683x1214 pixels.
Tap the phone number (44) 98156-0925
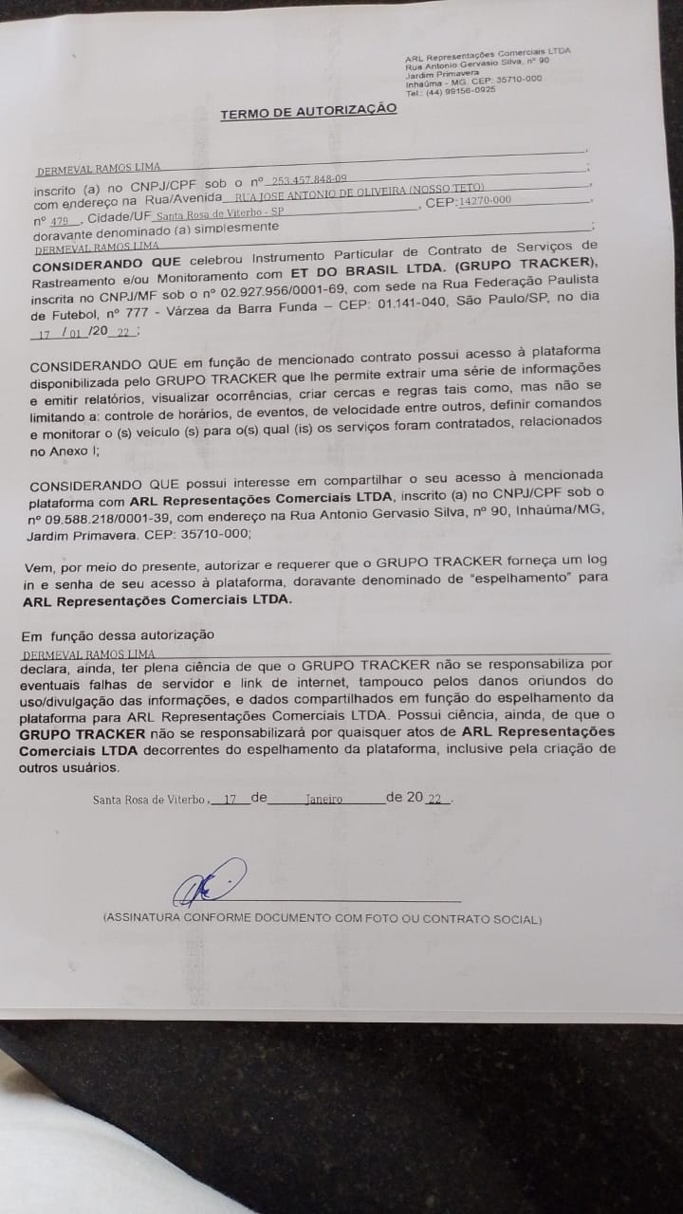coord(461,92)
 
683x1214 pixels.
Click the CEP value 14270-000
coord(485,200)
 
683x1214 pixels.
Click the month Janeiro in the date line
coord(323,799)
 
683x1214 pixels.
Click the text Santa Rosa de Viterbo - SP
coord(217,215)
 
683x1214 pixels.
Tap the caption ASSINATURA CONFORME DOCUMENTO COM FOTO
coord(323,919)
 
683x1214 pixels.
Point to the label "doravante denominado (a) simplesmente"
coord(157,228)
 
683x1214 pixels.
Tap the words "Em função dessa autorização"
coord(118,635)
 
